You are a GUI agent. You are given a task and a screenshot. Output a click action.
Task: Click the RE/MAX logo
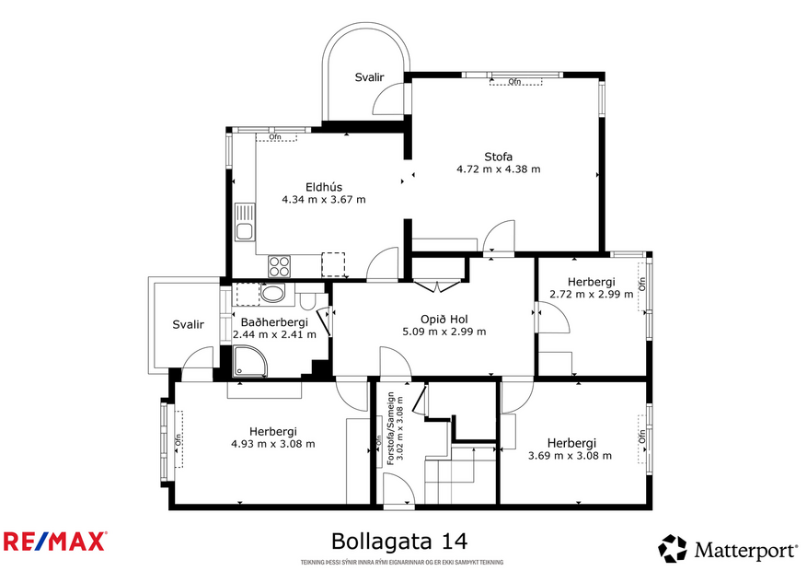[55, 541]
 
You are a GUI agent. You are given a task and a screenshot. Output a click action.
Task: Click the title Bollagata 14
[404, 540]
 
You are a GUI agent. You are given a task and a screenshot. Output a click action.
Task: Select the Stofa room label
[498, 156]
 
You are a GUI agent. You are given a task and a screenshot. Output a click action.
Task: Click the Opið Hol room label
[444, 319]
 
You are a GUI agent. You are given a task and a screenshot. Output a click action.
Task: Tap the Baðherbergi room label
[274, 322]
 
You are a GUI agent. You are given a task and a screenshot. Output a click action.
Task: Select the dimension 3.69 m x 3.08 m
[571, 455]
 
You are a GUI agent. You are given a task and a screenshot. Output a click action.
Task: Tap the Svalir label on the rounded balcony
[369, 78]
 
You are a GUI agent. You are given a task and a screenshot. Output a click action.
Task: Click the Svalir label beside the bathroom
[187, 324]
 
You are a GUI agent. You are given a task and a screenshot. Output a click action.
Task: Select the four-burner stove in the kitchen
[280, 266]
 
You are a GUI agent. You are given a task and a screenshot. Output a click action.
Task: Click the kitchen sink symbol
[244, 223]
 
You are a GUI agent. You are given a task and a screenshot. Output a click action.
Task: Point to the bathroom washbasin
[273, 295]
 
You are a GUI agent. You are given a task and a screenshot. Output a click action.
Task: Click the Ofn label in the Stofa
[514, 82]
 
